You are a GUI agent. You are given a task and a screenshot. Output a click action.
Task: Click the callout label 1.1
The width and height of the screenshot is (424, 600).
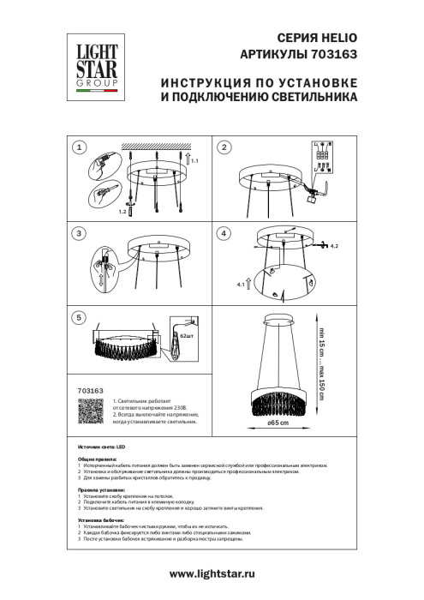[x=194, y=161]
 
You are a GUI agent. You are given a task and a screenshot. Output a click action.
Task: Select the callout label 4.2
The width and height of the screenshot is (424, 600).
[x=335, y=247]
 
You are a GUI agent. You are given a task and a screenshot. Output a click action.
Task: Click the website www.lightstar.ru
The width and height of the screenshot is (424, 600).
[x=212, y=572]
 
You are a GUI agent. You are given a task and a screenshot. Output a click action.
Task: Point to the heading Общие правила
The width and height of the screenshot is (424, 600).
[x=97, y=459]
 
